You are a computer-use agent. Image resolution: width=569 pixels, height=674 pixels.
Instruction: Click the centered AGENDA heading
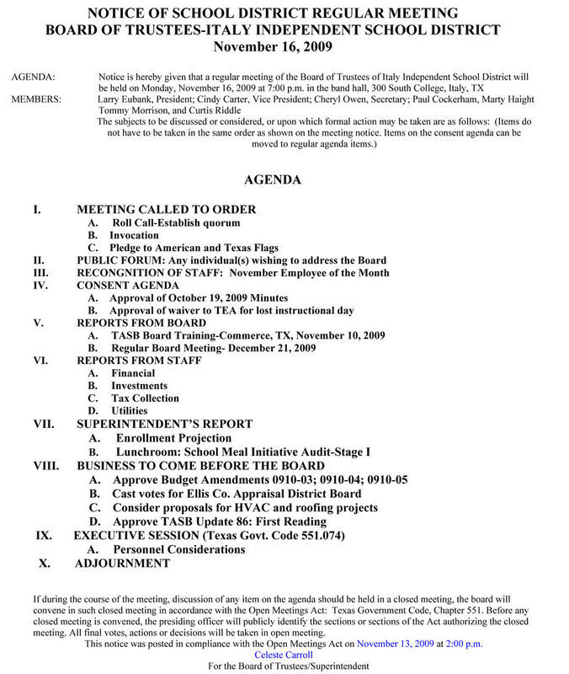[272, 179]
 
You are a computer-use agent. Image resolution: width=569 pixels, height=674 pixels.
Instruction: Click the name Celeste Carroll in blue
[284, 655]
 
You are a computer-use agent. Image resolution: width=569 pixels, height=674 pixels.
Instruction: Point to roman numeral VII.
[44, 424]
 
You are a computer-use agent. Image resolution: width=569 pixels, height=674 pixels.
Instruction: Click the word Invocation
[134, 235]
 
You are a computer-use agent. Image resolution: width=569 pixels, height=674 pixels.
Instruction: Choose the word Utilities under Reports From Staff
[129, 410]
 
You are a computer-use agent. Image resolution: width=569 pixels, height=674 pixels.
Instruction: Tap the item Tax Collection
[145, 398]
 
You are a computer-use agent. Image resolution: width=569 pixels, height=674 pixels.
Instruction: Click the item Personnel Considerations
[179, 549]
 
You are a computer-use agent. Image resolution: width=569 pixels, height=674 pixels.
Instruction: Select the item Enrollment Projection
[173, 438]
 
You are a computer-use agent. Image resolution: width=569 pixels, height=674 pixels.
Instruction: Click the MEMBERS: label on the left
[35, 99]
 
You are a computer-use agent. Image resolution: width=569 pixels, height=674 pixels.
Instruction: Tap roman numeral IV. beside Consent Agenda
[42, 286]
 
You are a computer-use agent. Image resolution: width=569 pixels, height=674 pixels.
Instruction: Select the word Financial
[133, 372]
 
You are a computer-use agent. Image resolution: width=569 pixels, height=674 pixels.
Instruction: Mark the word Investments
[139, 385]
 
